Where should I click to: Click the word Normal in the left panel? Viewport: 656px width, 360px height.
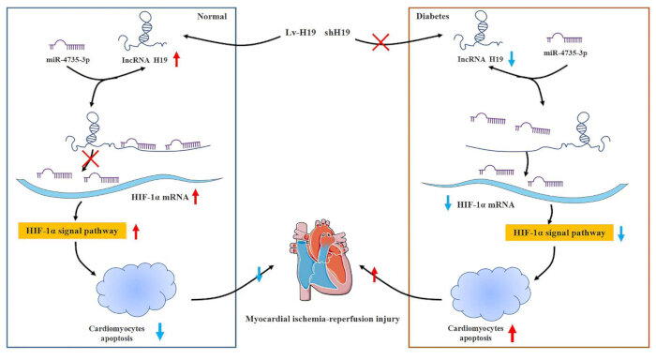(212, 16)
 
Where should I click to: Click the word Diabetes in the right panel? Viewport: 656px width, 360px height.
(433, 16)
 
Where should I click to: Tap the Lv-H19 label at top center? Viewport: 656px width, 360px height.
(301, 32)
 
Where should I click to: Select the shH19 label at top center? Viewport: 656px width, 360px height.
(337, 32)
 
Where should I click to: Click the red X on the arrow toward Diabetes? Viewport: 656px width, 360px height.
(380, 42)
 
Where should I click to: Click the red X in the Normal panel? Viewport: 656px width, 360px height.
(91, 158)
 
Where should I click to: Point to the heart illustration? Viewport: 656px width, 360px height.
(321, 260)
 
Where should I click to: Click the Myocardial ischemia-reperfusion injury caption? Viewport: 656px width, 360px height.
(322, 319)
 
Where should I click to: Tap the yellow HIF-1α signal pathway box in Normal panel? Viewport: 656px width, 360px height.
(72, 231)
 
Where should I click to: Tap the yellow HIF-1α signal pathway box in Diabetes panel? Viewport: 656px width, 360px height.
(559, 232)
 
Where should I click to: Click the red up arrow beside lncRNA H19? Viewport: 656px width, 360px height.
(176, 59)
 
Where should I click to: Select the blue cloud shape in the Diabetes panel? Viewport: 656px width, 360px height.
(490, 292)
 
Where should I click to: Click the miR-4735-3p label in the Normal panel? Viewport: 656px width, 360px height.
(68, 59)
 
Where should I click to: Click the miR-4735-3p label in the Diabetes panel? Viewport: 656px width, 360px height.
(565, 53)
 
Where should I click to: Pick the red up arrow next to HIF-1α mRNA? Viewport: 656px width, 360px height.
(195, 197)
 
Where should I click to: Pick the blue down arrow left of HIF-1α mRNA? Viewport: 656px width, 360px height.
(448, 202)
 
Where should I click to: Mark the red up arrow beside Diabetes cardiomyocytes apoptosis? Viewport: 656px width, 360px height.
(512, 334)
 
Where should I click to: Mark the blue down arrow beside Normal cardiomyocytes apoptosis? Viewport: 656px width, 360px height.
(160, 331)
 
